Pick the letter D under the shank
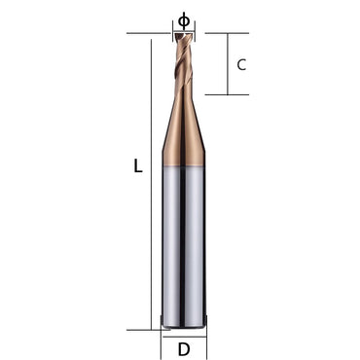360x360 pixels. (x=184, y=347)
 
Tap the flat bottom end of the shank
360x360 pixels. (x=184, y=328)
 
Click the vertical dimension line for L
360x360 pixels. (x=154, y=185)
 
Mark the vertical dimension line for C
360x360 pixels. (x=228, y=64)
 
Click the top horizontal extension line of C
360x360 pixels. (x=224, y=33)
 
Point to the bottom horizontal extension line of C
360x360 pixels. (x=224, y=95)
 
